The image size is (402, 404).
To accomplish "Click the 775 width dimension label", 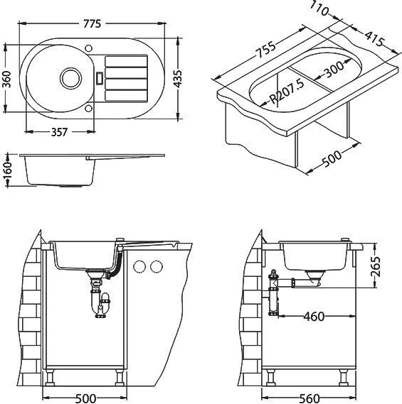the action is point(92,23).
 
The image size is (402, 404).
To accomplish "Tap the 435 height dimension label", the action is point(177,78).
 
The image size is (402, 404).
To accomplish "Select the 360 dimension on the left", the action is point(8,79).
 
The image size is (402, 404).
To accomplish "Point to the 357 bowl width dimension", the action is point(59,132).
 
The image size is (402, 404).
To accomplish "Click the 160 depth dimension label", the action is point(8,170).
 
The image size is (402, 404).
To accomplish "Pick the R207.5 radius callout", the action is point(287,91).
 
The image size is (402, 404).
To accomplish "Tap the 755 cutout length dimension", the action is point(265,50).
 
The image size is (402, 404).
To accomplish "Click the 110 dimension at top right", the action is point(319,9).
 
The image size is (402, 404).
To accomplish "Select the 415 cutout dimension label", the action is point(374,39).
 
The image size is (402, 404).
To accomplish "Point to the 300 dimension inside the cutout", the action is point(334,69).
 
